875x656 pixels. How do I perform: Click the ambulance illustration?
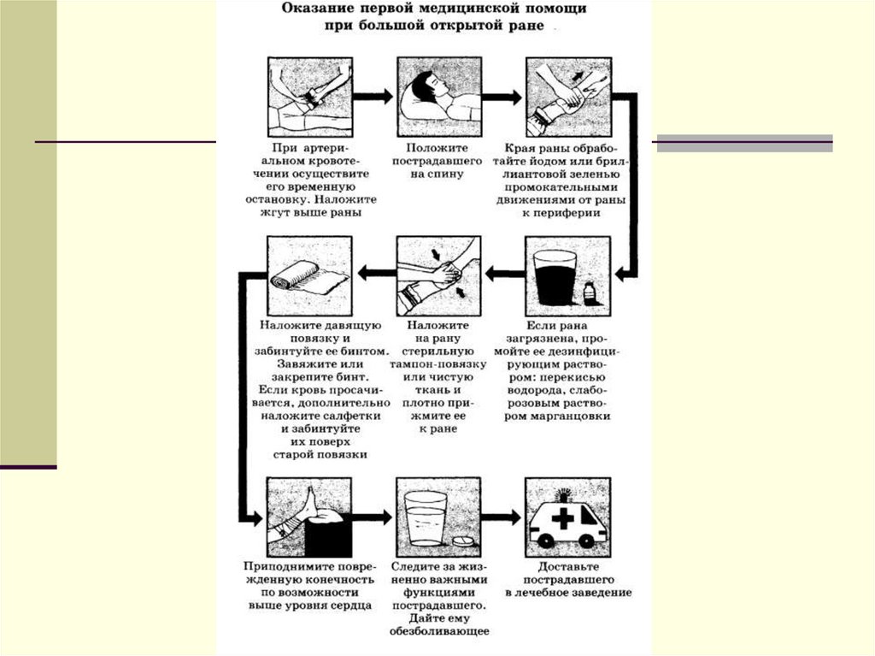(567, 518)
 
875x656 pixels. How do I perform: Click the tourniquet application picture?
(308, 95)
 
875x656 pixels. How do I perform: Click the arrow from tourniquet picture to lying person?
(373, 96)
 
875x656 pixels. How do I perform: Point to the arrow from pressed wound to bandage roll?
(374, 274)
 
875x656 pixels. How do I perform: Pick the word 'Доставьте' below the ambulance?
(568, 566)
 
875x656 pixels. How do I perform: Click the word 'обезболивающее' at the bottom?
(439, 631)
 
